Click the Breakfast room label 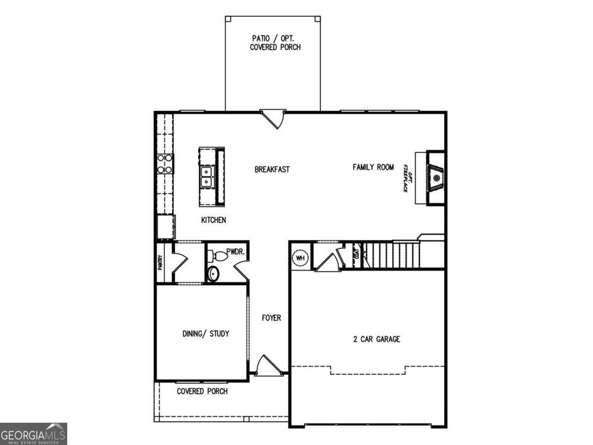click(x=272, y=170)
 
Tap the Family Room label click(x=373, y=167)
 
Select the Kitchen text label click(x=213, y=220)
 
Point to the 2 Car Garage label click(x=376, y=339)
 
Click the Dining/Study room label click(x=206, y=334)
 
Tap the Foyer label click(x=271, y=318)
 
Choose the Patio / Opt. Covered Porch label click(x=275, y=42)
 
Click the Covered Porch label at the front click(x=202, y=392)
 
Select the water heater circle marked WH click(x=301, y=258)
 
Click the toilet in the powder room click(x=218, y=256)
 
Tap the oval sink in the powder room click(x=213, y=273)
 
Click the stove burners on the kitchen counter click(x=164, y=163)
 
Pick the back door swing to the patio click(x=273, y=119)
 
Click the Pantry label click(x=160, y=262)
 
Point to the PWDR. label click(x=235, y=252)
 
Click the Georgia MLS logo click(x=34, y=433)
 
